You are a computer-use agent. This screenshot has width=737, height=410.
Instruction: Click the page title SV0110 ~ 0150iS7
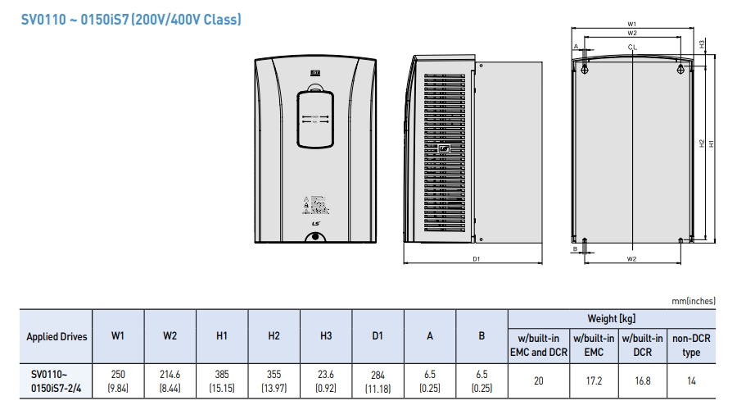click(x=131, y=17)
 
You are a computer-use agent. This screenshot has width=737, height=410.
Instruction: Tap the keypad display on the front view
click(x=315, y=120)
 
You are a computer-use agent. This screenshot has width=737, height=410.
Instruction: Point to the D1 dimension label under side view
click(x=475, y=259)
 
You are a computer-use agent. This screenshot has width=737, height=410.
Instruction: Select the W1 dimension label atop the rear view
click(x=632, y=25)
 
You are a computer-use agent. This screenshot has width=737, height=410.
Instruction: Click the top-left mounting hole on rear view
click(x=585, y=71)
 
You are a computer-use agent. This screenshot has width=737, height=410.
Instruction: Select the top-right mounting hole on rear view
click(x=680, y=71)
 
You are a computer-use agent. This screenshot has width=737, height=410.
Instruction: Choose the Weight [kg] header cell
click(x=612, y=319)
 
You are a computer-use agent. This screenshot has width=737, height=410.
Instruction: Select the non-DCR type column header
click(x=691, y=345)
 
